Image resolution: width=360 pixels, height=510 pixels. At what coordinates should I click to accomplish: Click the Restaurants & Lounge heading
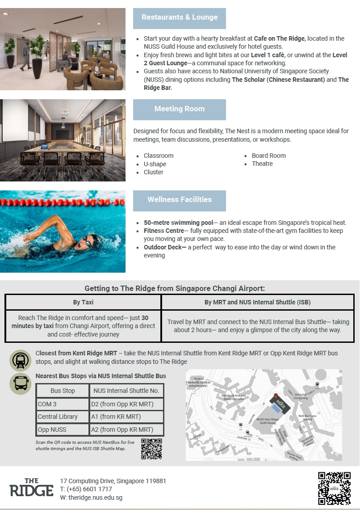[180, 17]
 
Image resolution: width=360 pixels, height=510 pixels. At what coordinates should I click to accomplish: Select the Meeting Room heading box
[180, 109]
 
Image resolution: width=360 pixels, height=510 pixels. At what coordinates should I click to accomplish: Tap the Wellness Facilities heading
[180, 200]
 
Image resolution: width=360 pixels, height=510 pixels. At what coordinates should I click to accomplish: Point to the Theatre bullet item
[262, 164]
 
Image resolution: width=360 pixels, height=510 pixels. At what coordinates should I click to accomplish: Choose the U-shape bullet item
[155, 164]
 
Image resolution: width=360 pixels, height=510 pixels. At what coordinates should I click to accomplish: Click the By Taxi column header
[83, 302]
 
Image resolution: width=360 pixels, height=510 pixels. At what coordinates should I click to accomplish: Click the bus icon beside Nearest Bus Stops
[21, 384]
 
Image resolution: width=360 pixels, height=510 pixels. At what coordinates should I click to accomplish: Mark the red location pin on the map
[276, 396]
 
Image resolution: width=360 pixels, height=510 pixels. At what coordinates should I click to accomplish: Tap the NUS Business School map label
[307, 417]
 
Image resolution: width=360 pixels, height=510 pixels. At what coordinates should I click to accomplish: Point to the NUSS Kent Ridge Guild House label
[268, 421]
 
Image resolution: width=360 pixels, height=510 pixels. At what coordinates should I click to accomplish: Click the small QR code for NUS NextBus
[151, 449]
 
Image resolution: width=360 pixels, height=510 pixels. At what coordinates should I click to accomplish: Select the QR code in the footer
[334, 489]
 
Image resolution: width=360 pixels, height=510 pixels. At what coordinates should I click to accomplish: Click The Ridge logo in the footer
[31, 488]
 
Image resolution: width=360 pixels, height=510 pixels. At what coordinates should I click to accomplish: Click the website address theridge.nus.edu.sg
[91, 497]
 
